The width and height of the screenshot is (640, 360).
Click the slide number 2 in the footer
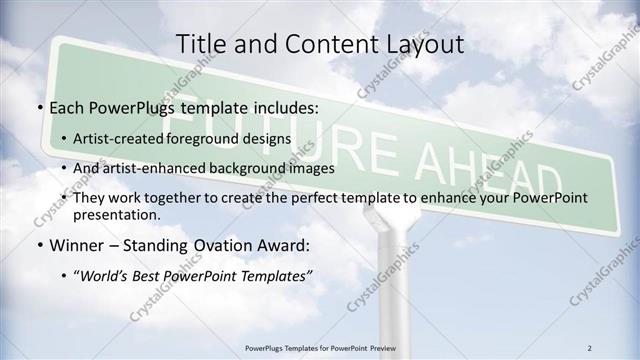(589, 348)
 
